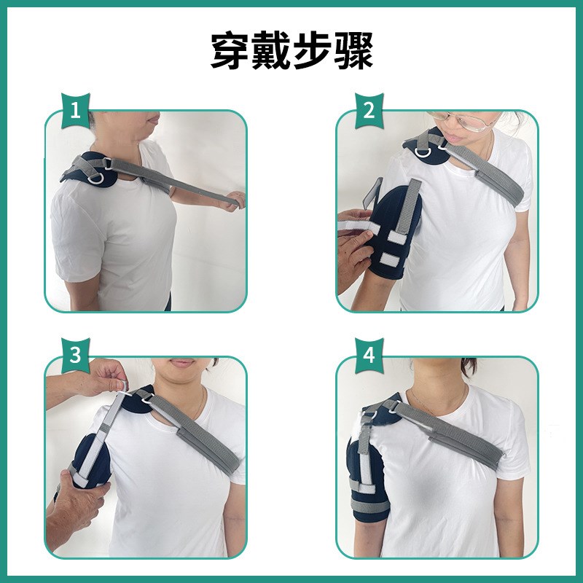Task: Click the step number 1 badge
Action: point(76,111)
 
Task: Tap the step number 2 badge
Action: point(369,111)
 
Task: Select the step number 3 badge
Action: point(76,355)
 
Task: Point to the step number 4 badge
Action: point(369,355)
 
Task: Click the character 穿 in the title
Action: point(230,51)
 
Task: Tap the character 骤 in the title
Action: point(353,51)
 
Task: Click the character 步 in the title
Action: point(312,51)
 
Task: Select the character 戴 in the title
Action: point(270,51)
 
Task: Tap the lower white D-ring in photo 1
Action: point(96,179)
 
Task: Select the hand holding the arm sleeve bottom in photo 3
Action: point(80,496)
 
